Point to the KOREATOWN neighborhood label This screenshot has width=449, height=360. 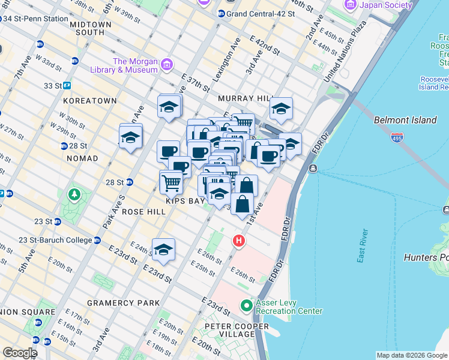tap(90, 101)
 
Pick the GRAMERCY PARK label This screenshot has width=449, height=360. tap(123, 302)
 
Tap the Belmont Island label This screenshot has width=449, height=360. tap(405, 120)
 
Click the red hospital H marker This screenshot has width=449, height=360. tap(239, 241)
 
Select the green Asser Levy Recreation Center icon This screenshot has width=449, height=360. tap(246, 306)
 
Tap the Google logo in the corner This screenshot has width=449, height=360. tap(19, 353)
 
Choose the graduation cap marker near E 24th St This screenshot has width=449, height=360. tap(163, 250)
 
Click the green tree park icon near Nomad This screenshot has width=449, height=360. tap(74, 195)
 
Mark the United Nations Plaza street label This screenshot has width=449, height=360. tap(345, 52)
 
